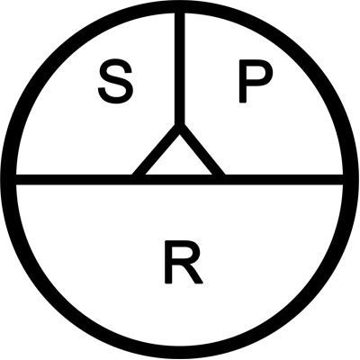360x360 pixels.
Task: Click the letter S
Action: click(115, 81)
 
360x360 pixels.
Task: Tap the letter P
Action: click(256, 81)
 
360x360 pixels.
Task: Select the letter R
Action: click(184, 262)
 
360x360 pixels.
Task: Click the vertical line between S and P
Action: click(179, 69)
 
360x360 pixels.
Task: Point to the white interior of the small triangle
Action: click(179, 160)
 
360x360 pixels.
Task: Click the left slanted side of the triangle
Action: click(156, 151)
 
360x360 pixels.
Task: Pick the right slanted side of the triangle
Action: click(202, 151)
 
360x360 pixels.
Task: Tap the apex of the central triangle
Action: click(179, 126)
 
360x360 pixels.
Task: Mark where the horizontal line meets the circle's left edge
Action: click(12, 179)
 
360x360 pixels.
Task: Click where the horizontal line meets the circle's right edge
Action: click(348, 179)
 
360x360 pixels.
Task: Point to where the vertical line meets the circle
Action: click(179, 8)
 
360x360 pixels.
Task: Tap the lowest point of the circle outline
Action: click(179, 352)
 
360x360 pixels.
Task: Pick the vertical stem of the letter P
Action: click(242, 81)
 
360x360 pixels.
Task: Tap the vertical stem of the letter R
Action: click(168, 262)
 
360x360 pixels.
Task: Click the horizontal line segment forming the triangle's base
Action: click(179, 179)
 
